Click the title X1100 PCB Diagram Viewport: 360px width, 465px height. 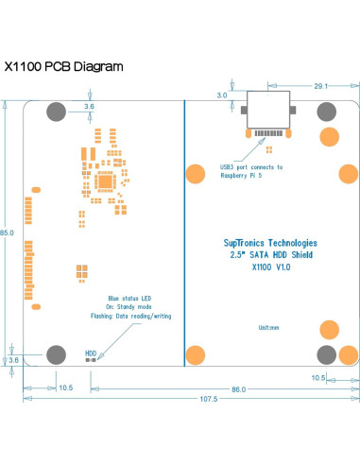pos(64,67)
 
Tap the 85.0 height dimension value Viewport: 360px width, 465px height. pos(7,232)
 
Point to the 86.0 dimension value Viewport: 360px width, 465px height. pos(238,387)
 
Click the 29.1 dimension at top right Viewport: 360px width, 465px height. pos(320,86)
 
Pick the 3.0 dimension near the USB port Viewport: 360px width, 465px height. pos(222,95)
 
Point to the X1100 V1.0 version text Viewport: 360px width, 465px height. pos(271,267)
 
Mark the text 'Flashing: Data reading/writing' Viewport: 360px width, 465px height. pos(131,317)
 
